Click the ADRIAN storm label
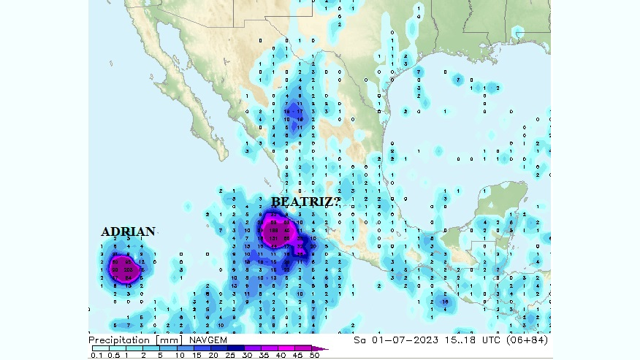[x=128, y=232]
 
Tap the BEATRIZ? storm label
[x=305, y=202]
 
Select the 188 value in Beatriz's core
[x=275, y=230]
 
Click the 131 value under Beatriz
[x=275, y=238]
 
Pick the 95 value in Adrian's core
[x=129, y=261]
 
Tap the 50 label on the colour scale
[x=314, y=356]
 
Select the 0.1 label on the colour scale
[x=96, y=356]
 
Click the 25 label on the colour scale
[x=229, y=356]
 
